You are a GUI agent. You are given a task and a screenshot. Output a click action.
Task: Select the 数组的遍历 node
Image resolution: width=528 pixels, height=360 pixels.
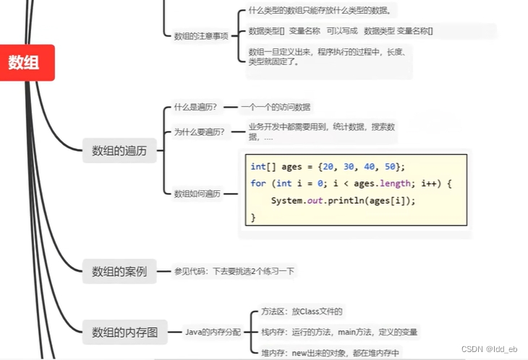point(119,151)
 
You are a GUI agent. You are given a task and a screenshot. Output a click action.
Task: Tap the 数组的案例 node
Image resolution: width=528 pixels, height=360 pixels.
point(119,272)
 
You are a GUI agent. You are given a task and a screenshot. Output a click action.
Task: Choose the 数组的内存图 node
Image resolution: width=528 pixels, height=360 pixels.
point(124,333)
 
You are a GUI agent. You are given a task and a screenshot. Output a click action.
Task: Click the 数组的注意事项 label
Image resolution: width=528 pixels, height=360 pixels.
point(201,35)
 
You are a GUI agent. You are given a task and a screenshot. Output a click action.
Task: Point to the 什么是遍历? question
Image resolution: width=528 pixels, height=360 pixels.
point(196,107)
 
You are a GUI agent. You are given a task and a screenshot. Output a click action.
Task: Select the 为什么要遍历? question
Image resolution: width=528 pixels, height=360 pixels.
point(199,132)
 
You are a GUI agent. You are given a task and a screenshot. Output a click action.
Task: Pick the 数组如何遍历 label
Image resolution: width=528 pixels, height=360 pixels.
point(197,194)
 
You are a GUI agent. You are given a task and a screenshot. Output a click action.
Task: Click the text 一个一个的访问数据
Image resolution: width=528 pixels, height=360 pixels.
point(276,107)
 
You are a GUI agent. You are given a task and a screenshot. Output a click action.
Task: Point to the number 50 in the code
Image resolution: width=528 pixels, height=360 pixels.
point(389,166)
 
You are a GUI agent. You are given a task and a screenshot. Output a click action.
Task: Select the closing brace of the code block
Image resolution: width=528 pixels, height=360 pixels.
point(253,217)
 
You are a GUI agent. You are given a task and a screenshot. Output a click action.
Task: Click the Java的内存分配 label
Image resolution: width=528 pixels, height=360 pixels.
point(214,333)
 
